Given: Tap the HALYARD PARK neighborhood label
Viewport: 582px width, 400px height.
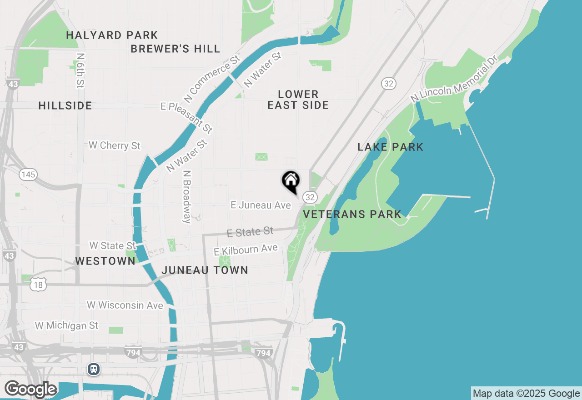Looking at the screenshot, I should click(112, 35).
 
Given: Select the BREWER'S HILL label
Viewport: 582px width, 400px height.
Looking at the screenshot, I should click(176, 49).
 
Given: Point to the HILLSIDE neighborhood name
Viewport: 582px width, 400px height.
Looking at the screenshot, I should click(65, 105).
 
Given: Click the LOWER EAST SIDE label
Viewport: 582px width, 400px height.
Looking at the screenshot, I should click(298, 100).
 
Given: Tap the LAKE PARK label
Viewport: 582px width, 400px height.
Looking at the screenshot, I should click(390, 147).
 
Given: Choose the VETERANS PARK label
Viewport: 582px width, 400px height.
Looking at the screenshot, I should click(352, 214).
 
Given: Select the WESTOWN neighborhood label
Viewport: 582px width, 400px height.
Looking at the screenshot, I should click(105, 261).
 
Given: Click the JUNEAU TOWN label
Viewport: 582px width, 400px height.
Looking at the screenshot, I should click(205, 270).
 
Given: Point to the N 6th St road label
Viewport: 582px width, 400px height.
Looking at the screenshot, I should click(80, 70).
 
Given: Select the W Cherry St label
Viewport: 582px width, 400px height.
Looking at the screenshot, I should click(115, 145).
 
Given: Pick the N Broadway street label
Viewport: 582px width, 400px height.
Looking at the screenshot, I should click(186, 197).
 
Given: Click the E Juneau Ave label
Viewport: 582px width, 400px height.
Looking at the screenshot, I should click(261, 205).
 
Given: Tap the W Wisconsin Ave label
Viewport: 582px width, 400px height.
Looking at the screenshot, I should click(125, 305).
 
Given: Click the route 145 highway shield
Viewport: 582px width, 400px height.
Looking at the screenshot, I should click(28, 175).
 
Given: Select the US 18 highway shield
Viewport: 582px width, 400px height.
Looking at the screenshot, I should click(39, 285).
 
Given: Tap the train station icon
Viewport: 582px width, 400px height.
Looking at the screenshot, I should click(94, 369).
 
